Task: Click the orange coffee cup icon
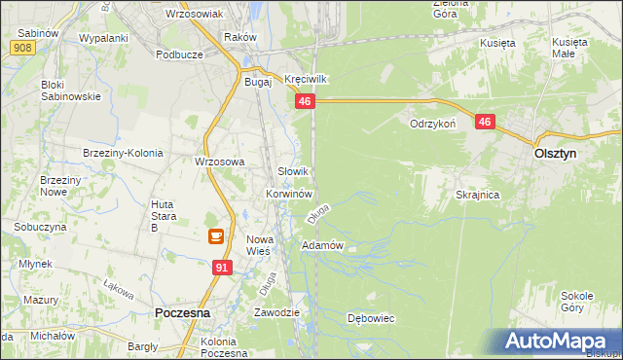tap(216, 236)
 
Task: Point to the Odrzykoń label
tap(433, 125)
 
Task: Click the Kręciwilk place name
tap(303, 78)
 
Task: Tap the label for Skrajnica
tap(477, 195)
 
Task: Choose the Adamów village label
tap(323, 245)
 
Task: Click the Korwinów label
tap(288, 194)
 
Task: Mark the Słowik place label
tap(294, 171)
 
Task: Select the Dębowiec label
tap(371, 318)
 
